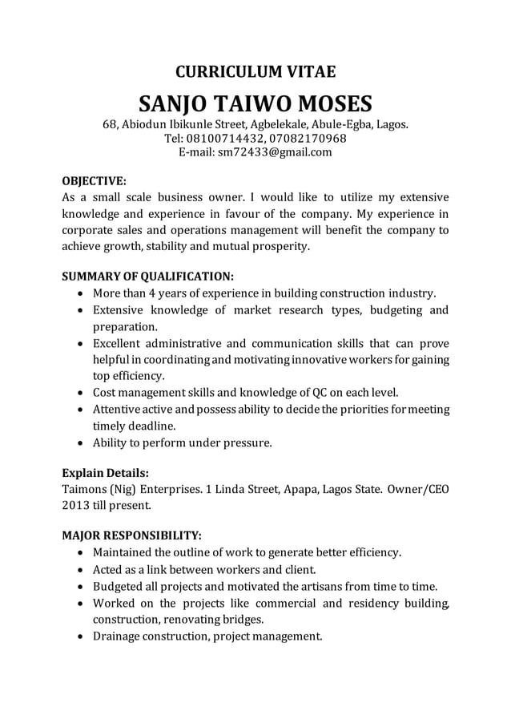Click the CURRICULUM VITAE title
click(255, 73)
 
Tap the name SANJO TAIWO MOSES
click(255, 104)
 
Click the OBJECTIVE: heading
click(94, 180)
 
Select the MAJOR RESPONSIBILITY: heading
click(131, 535)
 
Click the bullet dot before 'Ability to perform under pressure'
click(80, 442)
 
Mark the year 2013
click(76, 506)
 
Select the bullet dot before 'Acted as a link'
click(80, 570)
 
